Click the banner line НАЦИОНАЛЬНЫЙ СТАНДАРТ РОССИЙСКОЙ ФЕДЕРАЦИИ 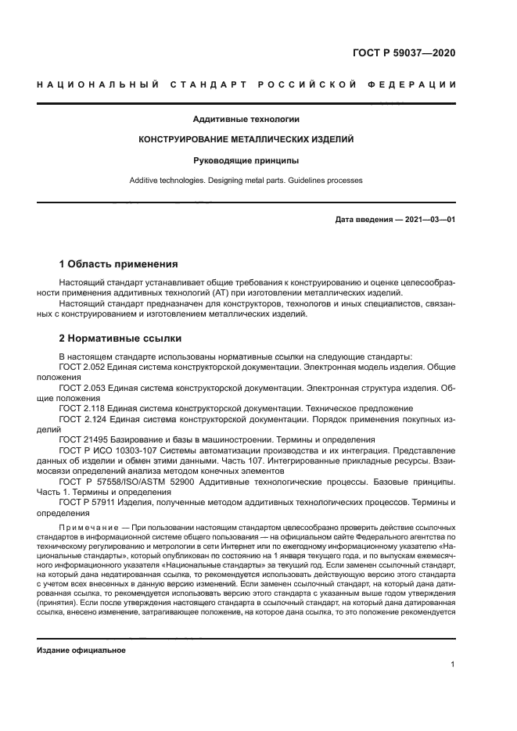pyautogui.click(x=246, y=84)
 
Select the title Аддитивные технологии pyautogui.click(x=246, y=120)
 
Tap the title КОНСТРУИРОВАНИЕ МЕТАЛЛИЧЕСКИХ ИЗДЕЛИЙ pyautogui.click(x=246, y=140)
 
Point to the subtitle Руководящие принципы pyautogui.click(x=246, y=160)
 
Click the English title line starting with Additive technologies pyautogui.click(x=246, y=181)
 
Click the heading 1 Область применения pyautogui.click(x=118, y=264)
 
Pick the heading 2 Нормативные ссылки pyautogui.click(x=120, y=339)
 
